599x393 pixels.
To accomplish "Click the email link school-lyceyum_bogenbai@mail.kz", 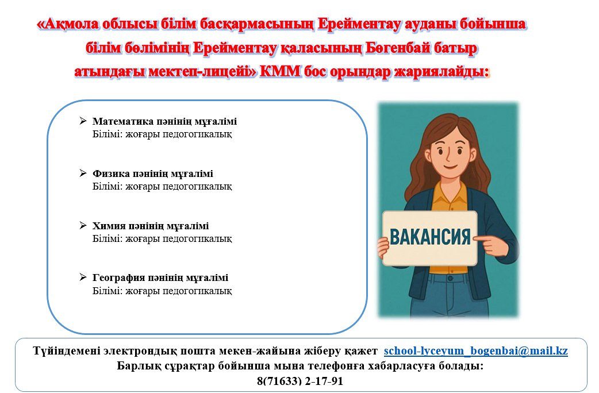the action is click(x=475, y=350).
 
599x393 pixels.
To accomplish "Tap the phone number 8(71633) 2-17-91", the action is click(x=300, y=381).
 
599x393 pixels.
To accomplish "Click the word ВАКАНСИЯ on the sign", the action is click(x=430, y=237).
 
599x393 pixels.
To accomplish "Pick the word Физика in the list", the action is click(x=111, y=174).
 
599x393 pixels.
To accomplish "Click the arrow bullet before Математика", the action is click(x=83, y=121).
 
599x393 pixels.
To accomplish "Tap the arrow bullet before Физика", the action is click(x=83, y=174).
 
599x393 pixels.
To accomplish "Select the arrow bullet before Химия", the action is click(x=83, y=225).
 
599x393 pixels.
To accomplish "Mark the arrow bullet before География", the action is click(x=83, y=278).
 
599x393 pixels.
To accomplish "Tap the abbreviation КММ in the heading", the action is click(x=280, y=71).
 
